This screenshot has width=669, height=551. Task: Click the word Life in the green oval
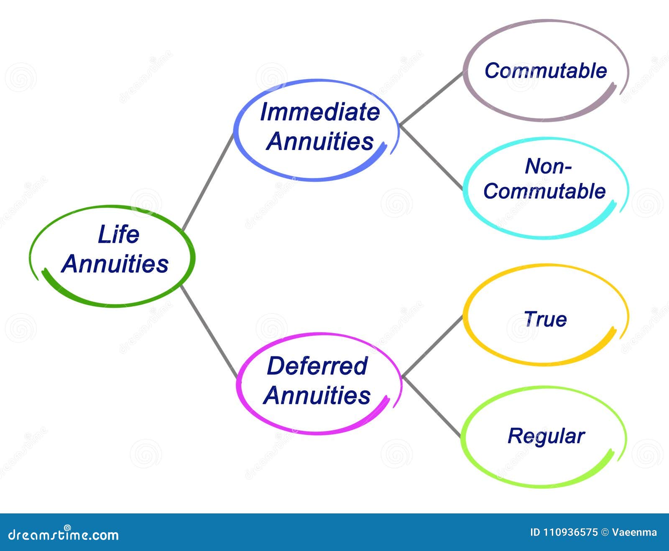point(118,234)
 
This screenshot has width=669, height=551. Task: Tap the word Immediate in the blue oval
point(320,112)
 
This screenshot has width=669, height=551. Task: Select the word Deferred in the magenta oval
point(317,366)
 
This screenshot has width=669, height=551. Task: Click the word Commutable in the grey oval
point(546,71)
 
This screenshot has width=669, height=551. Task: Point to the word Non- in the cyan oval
point(548,166)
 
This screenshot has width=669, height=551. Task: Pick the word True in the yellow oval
point(545,319)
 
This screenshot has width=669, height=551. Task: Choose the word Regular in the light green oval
point(546,436)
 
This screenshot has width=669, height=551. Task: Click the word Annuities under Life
point(115,264)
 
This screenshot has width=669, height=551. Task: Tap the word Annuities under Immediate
point(320,141)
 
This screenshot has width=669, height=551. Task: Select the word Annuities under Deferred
point(317,395)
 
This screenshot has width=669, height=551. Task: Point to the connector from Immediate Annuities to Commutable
point(431,99)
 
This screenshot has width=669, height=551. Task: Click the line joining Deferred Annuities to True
point(432,346)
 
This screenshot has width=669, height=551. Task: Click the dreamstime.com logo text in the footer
point(64,534)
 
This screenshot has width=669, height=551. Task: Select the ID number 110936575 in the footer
point(570,532)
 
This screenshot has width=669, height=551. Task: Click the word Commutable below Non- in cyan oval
point(544,191)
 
